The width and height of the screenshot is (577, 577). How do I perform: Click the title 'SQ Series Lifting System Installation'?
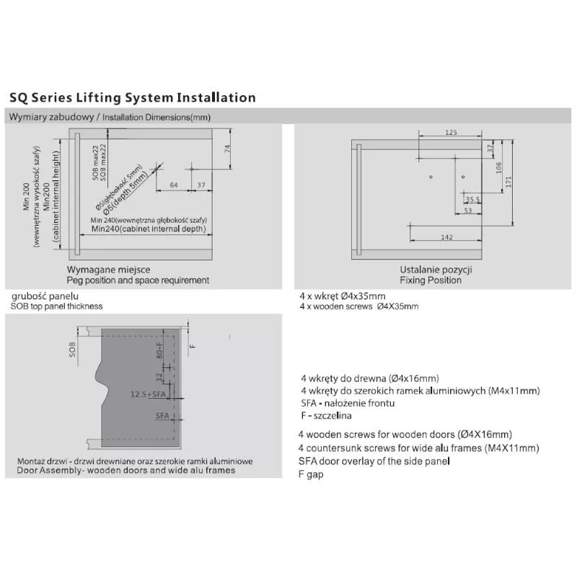(x=132, y=97)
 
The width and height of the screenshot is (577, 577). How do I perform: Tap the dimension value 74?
(x=226, y=149)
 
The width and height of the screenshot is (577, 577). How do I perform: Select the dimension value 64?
(x=174, y=185)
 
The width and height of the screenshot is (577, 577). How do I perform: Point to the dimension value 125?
(x=451, y=132)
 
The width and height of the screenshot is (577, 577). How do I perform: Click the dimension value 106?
(x=498, y=167)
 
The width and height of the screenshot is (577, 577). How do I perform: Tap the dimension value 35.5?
(x=472, y=199)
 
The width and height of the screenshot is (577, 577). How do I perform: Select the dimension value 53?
(x=467, y=211)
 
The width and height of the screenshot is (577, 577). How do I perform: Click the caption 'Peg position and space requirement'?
(x=138, y=280)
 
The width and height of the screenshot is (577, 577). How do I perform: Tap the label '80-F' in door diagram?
(x=161, y=353)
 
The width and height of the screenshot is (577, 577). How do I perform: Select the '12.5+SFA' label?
(x=149, y=395)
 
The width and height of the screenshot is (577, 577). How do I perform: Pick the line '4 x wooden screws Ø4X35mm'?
(x=358, y=307)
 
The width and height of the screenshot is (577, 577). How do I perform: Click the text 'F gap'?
(x=311, y=474)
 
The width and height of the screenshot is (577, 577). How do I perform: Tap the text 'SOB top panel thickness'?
(x=56, y=306)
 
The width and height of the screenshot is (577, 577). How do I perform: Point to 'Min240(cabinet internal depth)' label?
(x=148, y=229)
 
